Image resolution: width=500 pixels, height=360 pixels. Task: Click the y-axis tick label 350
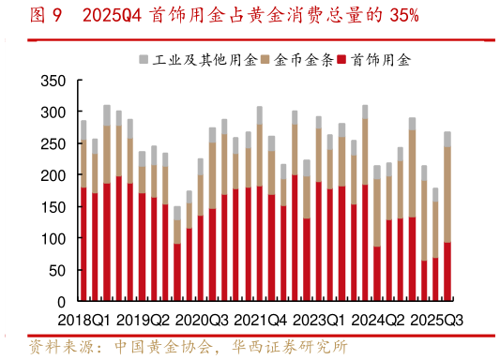click(x=53, y=81)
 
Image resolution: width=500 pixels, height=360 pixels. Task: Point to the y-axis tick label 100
click(x=53, y=239)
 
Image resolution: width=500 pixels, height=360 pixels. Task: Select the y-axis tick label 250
click(x=53, y=144)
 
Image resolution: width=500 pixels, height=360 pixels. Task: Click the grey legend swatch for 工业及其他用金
click(x=144, y=60)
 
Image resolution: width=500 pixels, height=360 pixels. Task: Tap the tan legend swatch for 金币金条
click(x=266, y=60)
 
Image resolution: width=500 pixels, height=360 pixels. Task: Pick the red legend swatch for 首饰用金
click(x=344, y=60)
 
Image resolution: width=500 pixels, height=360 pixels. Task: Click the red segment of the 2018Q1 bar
click(x=83, y=245)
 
